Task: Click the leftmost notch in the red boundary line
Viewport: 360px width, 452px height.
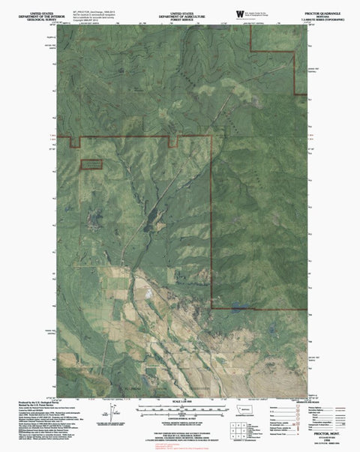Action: click(75, 141)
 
